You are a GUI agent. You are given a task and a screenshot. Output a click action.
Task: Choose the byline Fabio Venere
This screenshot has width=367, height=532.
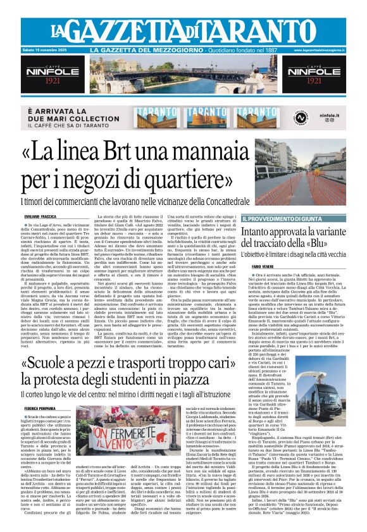(x=271, y=266)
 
